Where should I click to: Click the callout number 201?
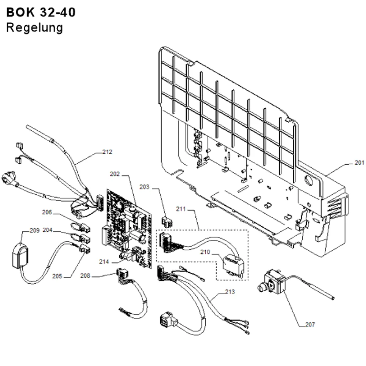(359, 163)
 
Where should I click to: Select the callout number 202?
(115, 174)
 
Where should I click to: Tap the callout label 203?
(144, 187)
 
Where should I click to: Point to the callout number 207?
(310, 324)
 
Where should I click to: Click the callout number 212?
(107, 152)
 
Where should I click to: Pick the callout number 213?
(230, 292)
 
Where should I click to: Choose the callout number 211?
(181, 209)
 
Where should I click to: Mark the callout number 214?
(104, 262)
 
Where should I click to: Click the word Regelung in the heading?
(34, 28)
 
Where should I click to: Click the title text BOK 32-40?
(41, 12)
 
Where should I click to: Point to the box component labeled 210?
(234, 266)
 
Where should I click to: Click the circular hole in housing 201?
(310, 180)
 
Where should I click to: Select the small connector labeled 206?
(80, 228)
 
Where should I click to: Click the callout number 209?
(34, 231)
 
